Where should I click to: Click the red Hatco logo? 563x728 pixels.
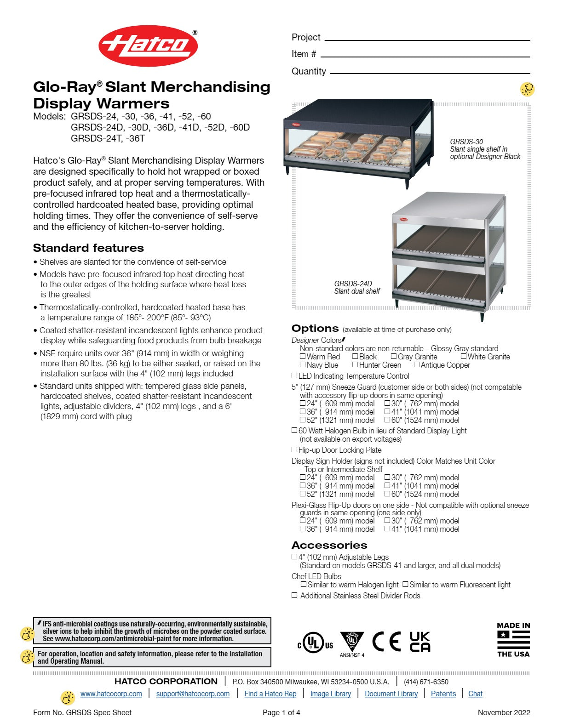point(148,46)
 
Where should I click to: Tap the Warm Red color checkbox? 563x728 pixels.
point(303,356)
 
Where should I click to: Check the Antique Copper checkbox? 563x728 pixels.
point(417,364)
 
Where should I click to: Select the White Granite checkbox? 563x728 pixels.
point(464,356)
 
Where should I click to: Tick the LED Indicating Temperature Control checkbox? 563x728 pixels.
point(294,375)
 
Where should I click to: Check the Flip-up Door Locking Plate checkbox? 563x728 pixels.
point(294,449)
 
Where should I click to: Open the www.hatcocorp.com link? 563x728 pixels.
point(111,694)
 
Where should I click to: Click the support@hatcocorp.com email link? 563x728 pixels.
point(193,694)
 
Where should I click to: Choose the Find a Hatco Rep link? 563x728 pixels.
point(270,694)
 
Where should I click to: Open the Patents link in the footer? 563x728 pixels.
point(443,694)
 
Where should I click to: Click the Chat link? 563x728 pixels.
point(475,694)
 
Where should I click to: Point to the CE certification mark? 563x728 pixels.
point(386,642)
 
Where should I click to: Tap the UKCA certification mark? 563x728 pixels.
point(420,642)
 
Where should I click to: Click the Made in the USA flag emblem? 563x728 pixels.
point(513,640)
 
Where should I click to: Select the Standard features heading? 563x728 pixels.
point(88,248)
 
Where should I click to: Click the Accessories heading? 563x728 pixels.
point(329,545)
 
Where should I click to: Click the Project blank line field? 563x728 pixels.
point(427,38)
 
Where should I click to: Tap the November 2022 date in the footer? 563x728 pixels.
point(504,712)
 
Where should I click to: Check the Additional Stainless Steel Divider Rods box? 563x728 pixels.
point(294,595)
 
